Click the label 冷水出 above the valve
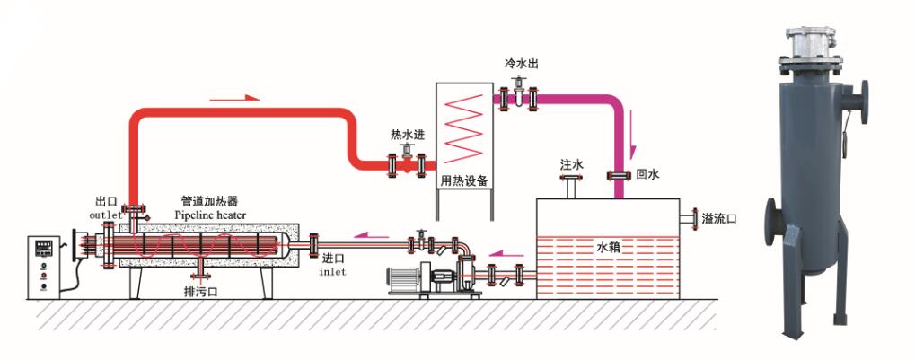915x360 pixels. point(522,65)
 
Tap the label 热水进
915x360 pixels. point(407,135)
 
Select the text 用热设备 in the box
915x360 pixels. point(464,180)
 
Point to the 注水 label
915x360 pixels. point(572,166)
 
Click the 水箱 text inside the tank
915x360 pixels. point(610,245)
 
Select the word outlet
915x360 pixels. point(104,215)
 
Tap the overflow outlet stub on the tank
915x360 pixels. point(688,219)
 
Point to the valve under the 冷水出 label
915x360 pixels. point(520,94)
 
